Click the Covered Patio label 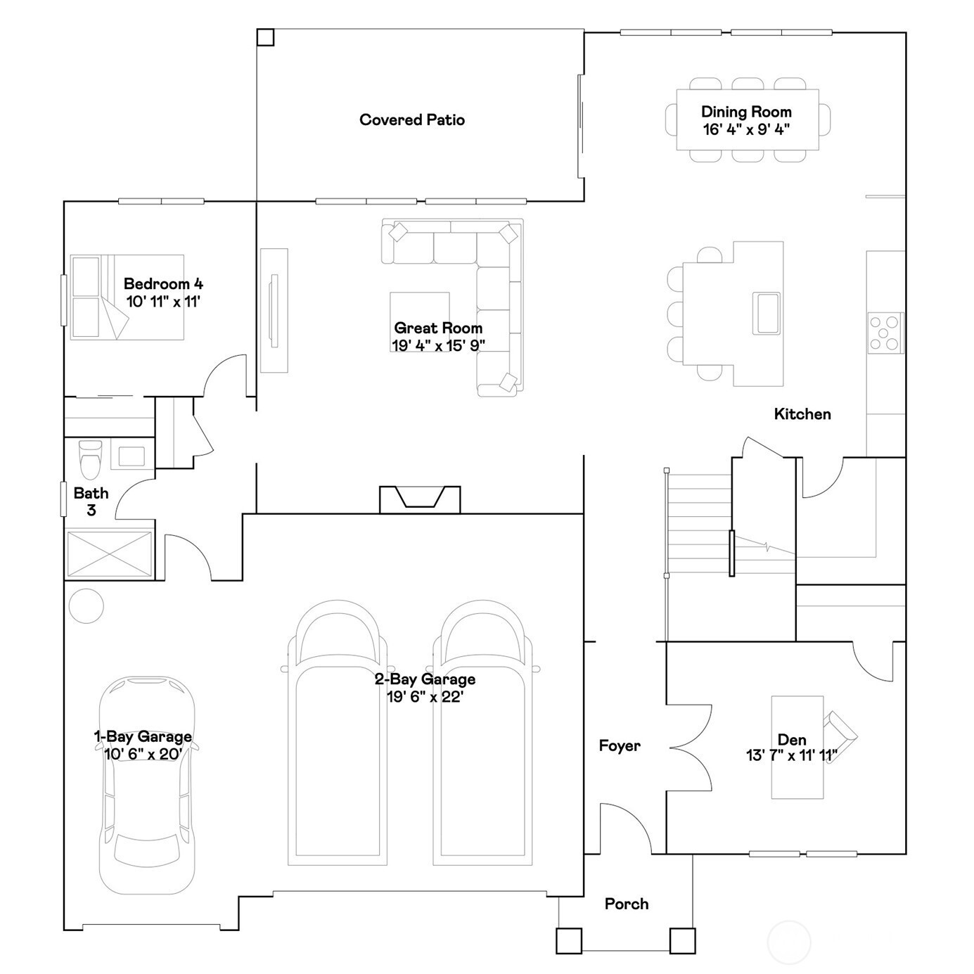[412, 120]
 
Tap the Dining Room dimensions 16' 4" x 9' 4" [746, 129]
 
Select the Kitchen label [802, 414]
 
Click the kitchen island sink [767, 313]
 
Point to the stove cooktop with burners [885, 333]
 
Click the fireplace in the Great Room [420, 499]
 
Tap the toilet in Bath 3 [91, 459]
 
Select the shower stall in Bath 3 [110, 553]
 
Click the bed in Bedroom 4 [127, 297]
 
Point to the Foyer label [619, 745]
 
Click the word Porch [627, 903]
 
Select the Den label [792, 740]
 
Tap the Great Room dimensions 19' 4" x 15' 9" [438, 346]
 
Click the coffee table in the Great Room [420, 321]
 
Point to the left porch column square [569, 940]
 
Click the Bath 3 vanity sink [131, 456]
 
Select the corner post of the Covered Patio [265, 37]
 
